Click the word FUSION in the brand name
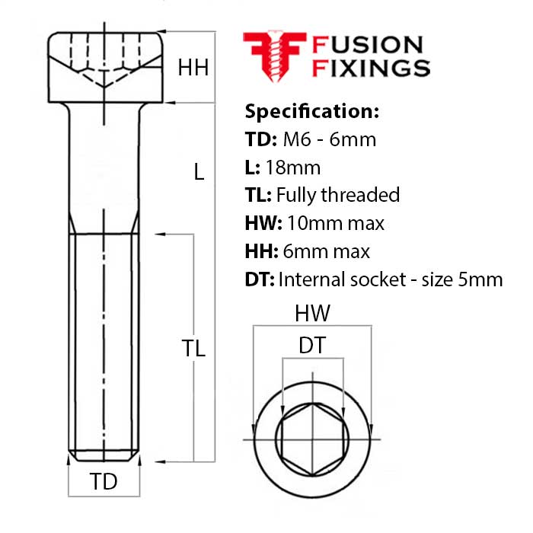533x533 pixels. (x=367, y=45)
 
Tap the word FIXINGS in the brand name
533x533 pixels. (x=372, y=68)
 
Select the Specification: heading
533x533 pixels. (x=311, y=111)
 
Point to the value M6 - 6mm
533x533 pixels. (x=330, y=139)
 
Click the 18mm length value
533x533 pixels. (x=292, y=168)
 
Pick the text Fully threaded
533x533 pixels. (x=338, y=196)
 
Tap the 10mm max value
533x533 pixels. (x=336, y=224)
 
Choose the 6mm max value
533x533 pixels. (x=326, y=251)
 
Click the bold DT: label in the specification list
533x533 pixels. (x=260, y=279)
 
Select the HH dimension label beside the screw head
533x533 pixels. (x=193, y=68)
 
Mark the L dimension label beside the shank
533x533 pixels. (x=199, y=171)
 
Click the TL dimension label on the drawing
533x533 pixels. (x=193, y=348)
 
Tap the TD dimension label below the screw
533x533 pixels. (x=104, y=481)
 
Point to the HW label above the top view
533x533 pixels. (x=312, y=313)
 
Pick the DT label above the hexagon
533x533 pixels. (x=312, y=345)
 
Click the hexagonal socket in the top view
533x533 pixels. (x=312, y=439)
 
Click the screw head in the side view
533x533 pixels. (x=105, y=67)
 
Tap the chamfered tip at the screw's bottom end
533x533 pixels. (x=104, y=456)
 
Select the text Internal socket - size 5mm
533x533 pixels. (x=391, y=279)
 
